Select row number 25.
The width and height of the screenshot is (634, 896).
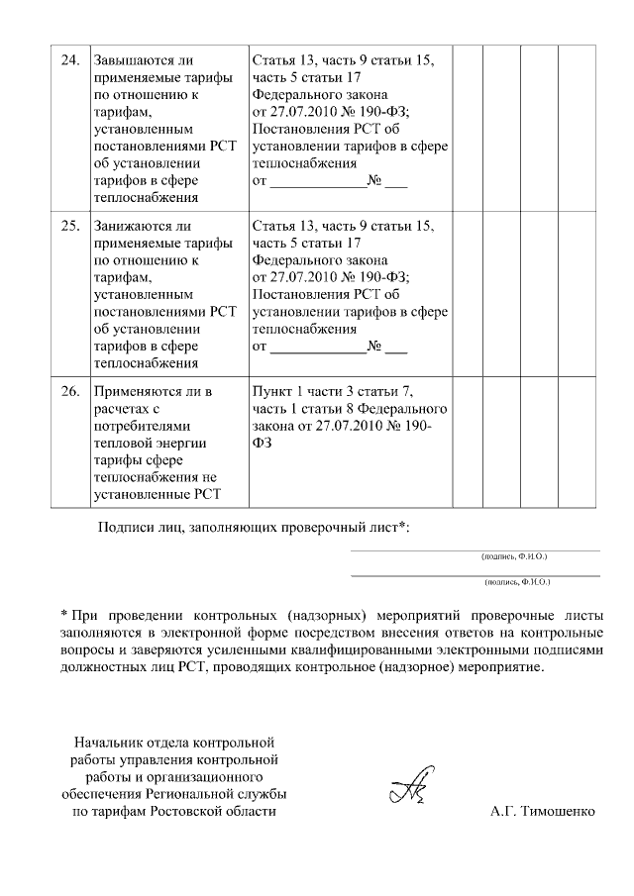click(x=69, y=225)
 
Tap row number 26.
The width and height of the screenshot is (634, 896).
click(x=69, y=391)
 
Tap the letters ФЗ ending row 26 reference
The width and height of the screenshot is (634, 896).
click(x=263, y=444)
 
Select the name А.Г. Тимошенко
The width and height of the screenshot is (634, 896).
click(x=543, y=812)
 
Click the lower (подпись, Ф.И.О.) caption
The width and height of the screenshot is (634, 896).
click(x=517, y=583)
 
